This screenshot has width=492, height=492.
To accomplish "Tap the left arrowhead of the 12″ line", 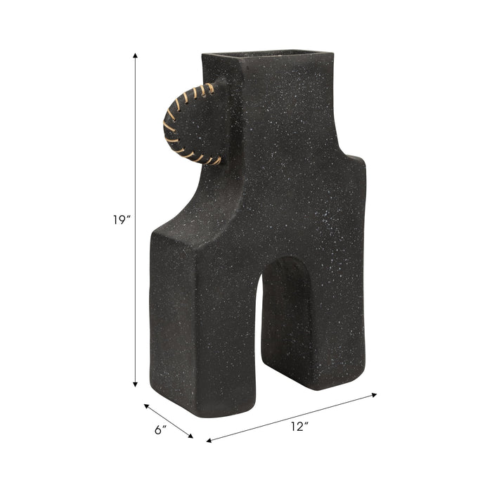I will (209, 441).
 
